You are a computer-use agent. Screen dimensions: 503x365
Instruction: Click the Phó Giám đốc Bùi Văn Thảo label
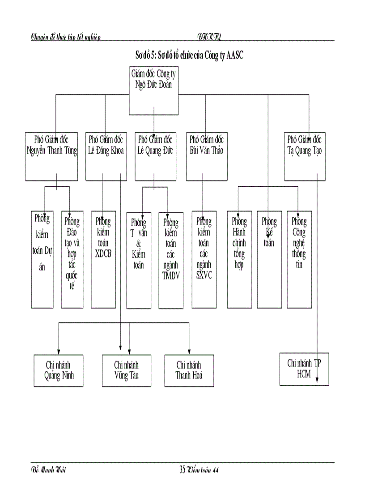point(206,144)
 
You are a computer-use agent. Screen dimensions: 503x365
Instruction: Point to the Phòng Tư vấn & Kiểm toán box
point(139,260)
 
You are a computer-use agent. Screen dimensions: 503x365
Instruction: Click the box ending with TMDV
point(171,260)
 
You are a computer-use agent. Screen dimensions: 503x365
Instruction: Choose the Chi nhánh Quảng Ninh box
point(59,370)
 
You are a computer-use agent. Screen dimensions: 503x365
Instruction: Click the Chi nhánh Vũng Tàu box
point(127,370)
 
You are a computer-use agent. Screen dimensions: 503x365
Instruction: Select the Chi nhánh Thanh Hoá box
point(189,370)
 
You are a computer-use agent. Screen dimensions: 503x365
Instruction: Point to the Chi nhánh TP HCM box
point(304,369)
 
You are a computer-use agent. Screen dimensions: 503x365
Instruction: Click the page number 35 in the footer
point(182,470)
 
